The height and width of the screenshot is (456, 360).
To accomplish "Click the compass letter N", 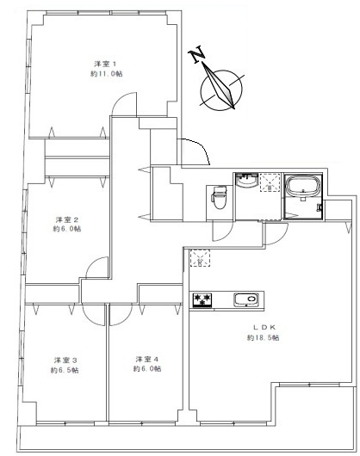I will (197, 56).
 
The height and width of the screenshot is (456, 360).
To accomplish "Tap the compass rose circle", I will (220, 88).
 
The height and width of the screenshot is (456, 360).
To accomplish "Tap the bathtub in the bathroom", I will (302, 187).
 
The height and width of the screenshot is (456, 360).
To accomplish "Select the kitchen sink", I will (245, 300).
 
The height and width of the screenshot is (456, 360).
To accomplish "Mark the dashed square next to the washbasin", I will (270, 182).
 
